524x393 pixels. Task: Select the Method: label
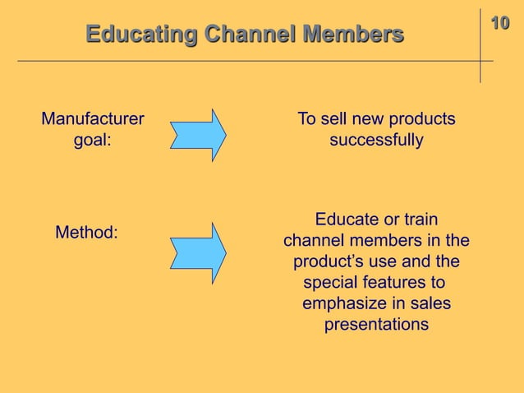86,233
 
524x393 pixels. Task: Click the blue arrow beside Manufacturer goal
198,135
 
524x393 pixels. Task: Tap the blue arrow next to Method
198,247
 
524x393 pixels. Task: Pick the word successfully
376,141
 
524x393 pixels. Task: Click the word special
333,284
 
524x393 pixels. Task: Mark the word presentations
376,326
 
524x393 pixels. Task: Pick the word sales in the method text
431,305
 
